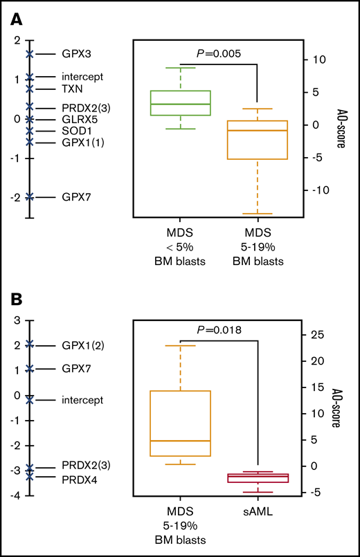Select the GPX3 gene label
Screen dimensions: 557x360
pos(76,54)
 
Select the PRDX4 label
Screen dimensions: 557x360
pos(78,478)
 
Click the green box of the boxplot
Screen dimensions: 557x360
pos(190,103)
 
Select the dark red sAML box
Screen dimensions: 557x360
pos(258,478)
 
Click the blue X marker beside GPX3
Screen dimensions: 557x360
pos(29,54)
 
